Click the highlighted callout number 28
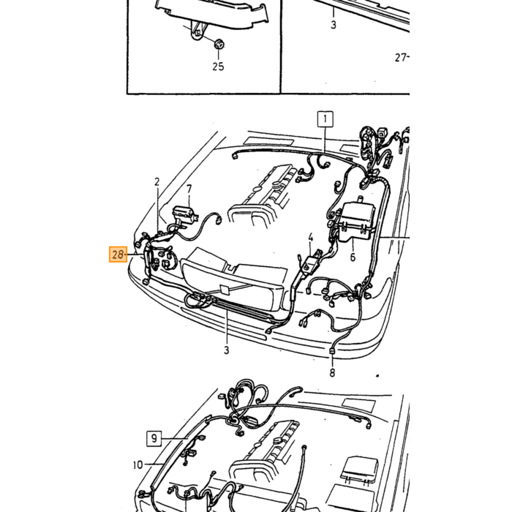point(118,255)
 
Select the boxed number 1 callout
point(325,119)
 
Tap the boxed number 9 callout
point(154,438)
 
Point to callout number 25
point(218,67)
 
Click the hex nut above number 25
point(219,43)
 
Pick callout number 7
point(189,189)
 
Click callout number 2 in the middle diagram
point(157,182)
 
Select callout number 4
point(311,238)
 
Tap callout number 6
point(353,257)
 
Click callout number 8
point(332,372)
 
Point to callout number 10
point(138,464)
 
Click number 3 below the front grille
point(227,350)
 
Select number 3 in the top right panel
point(334,24)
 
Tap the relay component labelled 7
point(185,215)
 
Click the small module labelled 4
point(311,261)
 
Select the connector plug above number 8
point(332,352)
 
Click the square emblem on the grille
point(225,290)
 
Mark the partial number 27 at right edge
point(402,58)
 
